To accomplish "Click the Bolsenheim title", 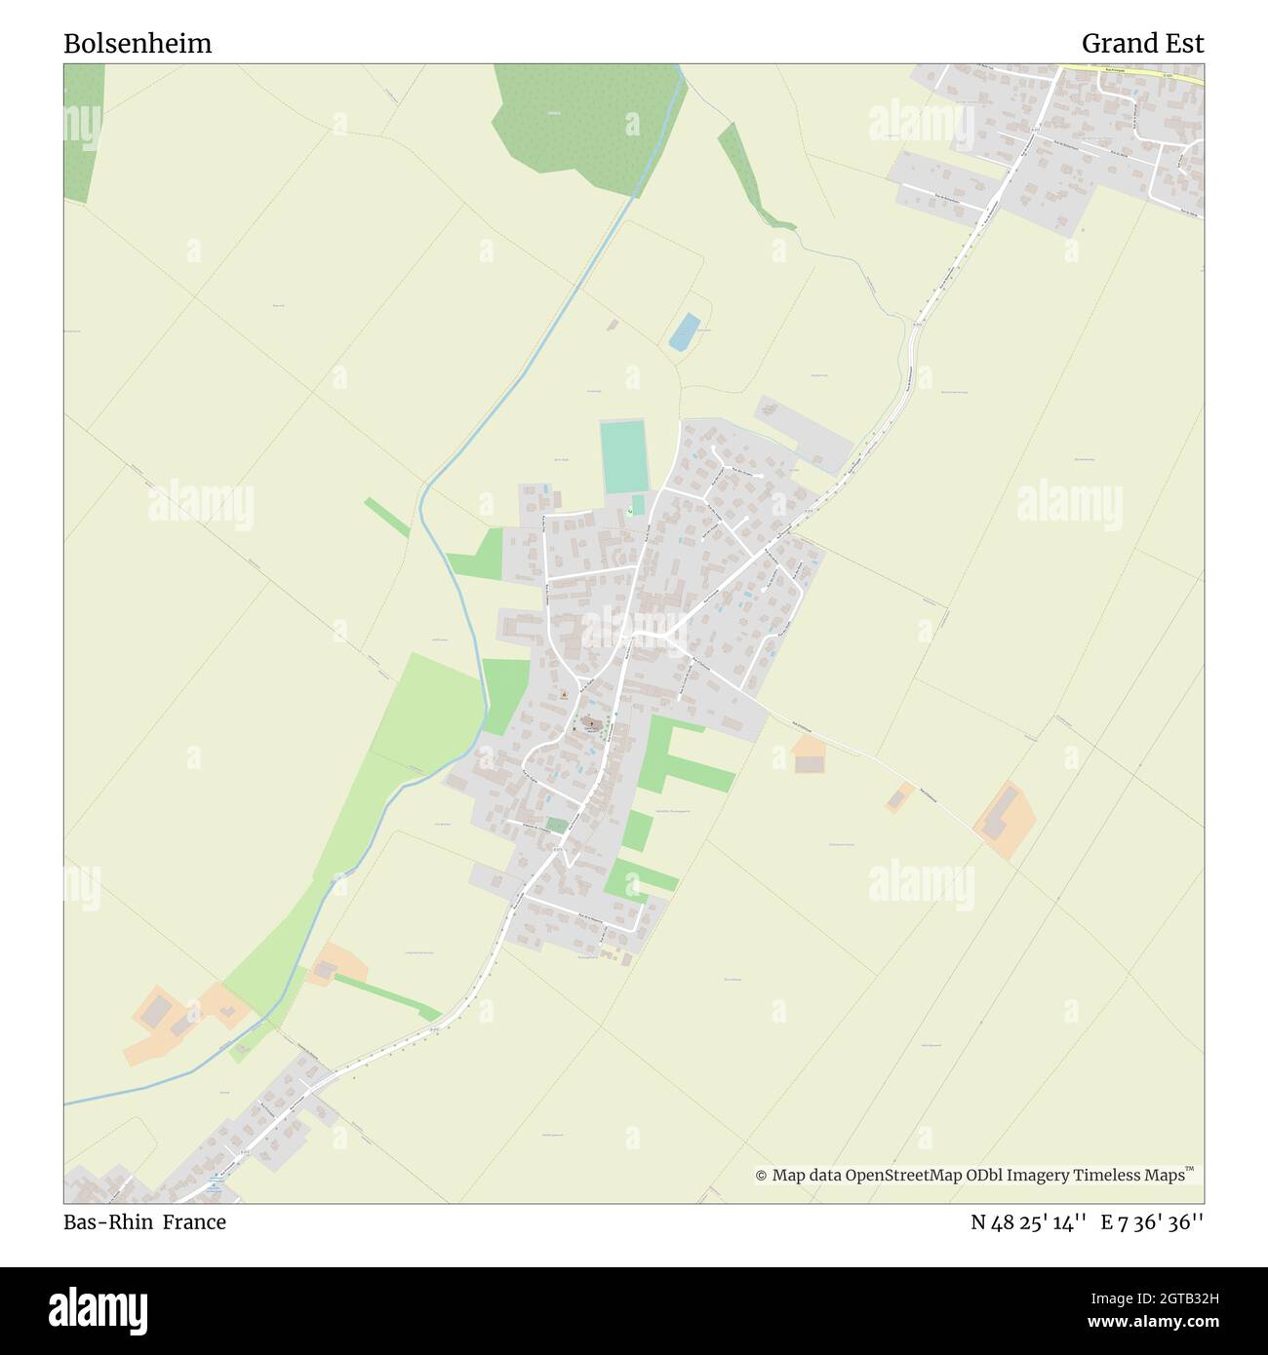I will pyautogui.click(x=138, y=44).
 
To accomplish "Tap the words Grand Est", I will pyautogui.click(x=1142, y=44).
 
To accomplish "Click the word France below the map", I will pyautogui.click(x=194, y=1222).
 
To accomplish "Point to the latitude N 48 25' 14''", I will pyautogui.click(x=1029, y=1222).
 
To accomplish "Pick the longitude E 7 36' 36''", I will pyautogui.click(x=1152, y=1222).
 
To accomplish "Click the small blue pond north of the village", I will pyautogui.click(x=685, y=331).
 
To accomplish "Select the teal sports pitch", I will pyautogui.click(x=623, y=456).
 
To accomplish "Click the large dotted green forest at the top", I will pyautogui.click(x=585, y=117).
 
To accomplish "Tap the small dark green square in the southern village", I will pyautogui.click(x=556, y=826).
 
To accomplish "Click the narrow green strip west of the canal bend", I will pyautogui.click(x=387, y=517).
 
